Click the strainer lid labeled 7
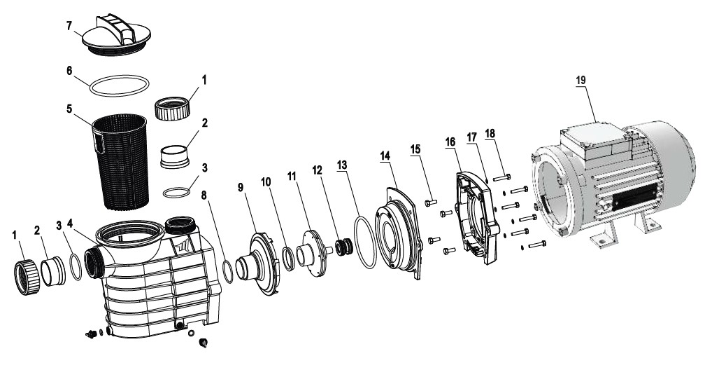tap(116, 36)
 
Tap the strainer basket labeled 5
tap(120, 162)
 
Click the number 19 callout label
tap(581, 80)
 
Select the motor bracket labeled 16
tap(477, 217)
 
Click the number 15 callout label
tap(415, 149)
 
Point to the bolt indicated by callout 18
tap(501, 177)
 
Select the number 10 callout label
tap(266, 181)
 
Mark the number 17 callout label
tap(471, 137)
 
